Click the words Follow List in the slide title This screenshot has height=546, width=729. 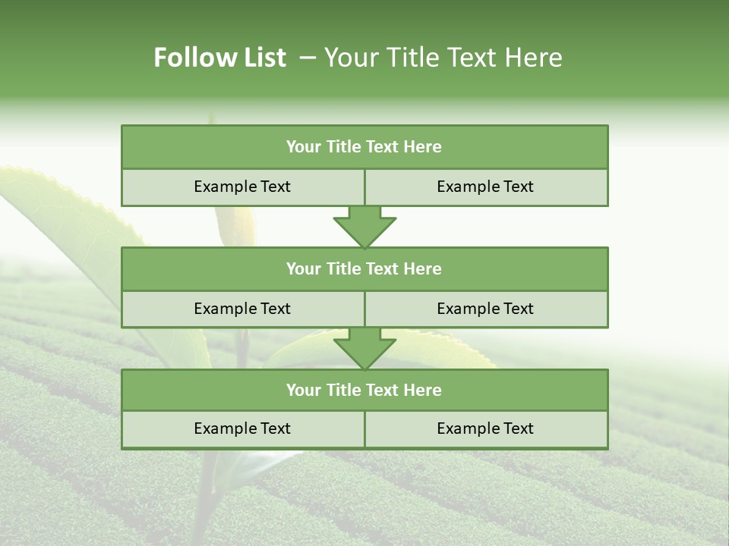(x=219, y=58)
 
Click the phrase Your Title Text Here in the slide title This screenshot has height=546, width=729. (x=443, y=58)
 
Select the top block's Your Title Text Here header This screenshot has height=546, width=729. (x=364, y=147)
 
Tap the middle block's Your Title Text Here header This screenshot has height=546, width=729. (x=364, y=269)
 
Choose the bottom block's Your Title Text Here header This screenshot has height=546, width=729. (x=364, y=391)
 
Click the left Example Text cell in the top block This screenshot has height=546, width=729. (x=242, y=187)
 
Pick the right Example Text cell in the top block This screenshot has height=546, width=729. (x=485, y=187)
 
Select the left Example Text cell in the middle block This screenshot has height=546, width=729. (x=242, y=309)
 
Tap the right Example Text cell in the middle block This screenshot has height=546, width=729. (x=485, y=309)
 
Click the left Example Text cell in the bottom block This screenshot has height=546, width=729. (x=242, y=429)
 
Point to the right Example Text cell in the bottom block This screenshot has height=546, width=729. (x=485, y=429)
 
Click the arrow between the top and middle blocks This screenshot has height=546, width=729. (x=364, y=227)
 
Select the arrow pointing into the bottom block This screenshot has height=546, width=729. (x=364, y=350)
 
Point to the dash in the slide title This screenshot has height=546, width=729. (x=308, y=58)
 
